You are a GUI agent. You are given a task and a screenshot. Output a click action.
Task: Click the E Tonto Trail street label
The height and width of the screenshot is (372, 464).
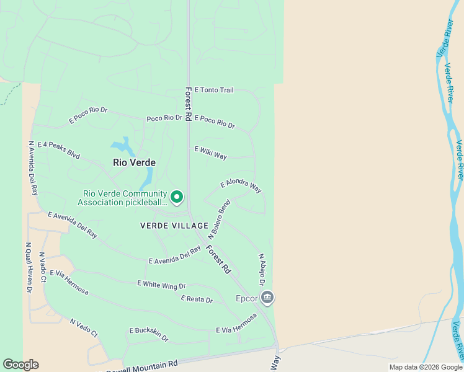tap(214, 90)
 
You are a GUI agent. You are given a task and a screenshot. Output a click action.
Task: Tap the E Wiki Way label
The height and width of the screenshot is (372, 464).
tap(211, 153)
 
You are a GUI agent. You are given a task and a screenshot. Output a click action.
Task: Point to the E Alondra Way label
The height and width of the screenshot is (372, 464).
tap(241, 186)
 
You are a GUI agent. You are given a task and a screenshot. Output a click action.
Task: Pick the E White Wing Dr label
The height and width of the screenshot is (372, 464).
tap(161, 285)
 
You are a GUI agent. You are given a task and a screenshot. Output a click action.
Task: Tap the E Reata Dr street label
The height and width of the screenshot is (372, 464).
tap(197, 299)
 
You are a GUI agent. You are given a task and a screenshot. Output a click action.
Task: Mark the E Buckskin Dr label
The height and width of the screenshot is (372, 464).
tap(149, 334)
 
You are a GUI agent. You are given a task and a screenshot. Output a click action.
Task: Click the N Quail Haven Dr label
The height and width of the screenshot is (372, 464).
tap(29, 267)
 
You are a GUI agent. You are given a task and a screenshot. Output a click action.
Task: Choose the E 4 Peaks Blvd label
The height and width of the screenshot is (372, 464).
tap(59, 150)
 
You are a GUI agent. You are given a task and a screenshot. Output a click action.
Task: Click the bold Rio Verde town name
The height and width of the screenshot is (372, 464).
tap(134, 162)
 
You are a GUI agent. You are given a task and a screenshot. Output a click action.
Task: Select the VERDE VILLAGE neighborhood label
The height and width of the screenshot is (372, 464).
tap(174, 226)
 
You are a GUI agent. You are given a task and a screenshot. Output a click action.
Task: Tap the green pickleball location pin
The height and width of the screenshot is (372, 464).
tap(177, 197)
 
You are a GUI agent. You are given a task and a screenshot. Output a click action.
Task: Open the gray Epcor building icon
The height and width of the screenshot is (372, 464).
tap(267, 298)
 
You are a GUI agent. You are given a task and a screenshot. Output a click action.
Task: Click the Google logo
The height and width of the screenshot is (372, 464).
tap(20, 365)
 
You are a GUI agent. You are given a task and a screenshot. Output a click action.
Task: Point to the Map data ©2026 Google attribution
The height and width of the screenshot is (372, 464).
tap(426, 367)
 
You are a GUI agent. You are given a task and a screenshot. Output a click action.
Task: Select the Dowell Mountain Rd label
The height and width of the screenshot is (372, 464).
tap(142, 366)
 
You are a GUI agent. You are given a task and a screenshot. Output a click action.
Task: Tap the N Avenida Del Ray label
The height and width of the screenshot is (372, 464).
tap(32, 168)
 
